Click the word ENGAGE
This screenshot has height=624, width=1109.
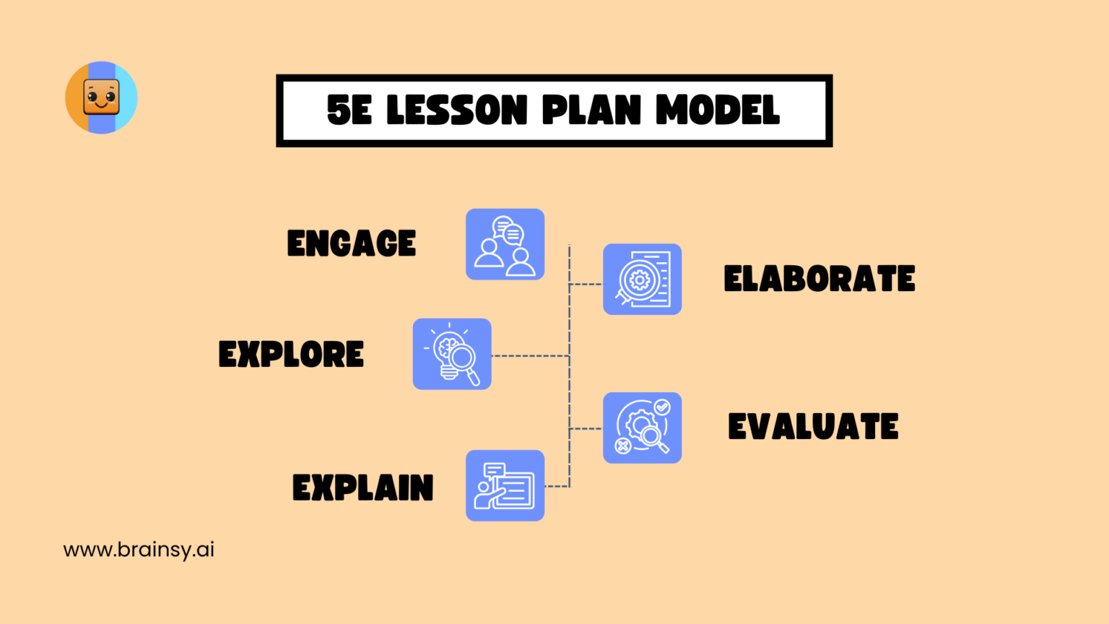tap(352, 243)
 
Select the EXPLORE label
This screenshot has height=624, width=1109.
tap(291, 355)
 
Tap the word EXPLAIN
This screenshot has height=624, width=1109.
tap(362, 488)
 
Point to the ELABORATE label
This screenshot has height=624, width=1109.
tap(819, 279)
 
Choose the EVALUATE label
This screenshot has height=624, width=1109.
tap(813, 427)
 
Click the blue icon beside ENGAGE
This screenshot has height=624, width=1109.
tap(505, 244)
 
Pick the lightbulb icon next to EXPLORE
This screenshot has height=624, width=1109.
tap(452, 354)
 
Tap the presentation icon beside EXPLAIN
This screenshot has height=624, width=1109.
tap(505, 485)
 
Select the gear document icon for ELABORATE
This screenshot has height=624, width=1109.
tap(642, 279)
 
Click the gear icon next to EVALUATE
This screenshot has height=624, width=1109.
tap(642, 428)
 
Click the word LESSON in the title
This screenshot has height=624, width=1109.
tap(457, 110)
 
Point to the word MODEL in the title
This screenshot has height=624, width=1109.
tap(718, 110)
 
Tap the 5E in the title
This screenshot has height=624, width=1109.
tap(349, 110)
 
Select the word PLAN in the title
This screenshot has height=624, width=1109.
tap(591, 110)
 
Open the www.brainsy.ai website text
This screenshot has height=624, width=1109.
tap(139, 550)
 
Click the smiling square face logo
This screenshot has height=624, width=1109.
tap(101, 97)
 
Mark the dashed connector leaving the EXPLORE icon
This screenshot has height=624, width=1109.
tap(530, 356)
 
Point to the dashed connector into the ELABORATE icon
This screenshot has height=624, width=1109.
tap(586, 285)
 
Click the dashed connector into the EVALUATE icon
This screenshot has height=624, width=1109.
tap(586, 429)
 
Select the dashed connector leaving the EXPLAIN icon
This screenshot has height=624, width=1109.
tap(556, 486)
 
